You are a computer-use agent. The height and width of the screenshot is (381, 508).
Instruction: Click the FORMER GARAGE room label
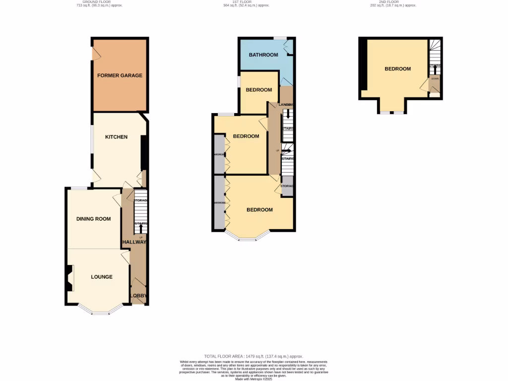(120, 75)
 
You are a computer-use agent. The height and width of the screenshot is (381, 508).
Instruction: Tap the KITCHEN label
(116, 137)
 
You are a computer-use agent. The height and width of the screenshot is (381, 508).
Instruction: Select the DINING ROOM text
(93, 219)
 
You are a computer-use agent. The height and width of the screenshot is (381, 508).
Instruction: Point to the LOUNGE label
(101, 277)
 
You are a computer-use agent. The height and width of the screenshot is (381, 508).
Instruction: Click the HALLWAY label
(134, 242)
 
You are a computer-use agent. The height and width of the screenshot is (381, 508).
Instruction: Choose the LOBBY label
(138, 296)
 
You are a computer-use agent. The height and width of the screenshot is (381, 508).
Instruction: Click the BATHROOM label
(263, 55)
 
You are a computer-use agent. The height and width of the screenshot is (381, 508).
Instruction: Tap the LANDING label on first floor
(287, 105)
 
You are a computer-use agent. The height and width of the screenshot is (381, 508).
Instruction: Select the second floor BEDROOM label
(398, 69)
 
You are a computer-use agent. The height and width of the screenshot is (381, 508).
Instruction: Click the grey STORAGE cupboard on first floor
(287, 186)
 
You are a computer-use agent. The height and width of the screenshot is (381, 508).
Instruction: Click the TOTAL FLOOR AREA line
(254, 356)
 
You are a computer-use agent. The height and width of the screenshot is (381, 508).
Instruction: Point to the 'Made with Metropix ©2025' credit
(254, 379)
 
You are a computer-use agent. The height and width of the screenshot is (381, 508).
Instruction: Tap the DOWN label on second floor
(435, 78)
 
